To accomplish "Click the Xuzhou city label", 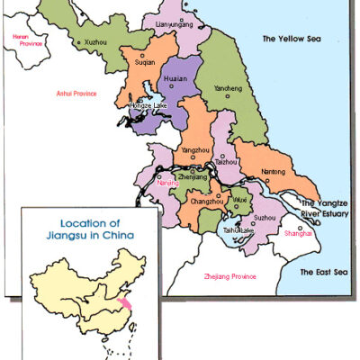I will point(94,42).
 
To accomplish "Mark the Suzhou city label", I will point(265,218).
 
